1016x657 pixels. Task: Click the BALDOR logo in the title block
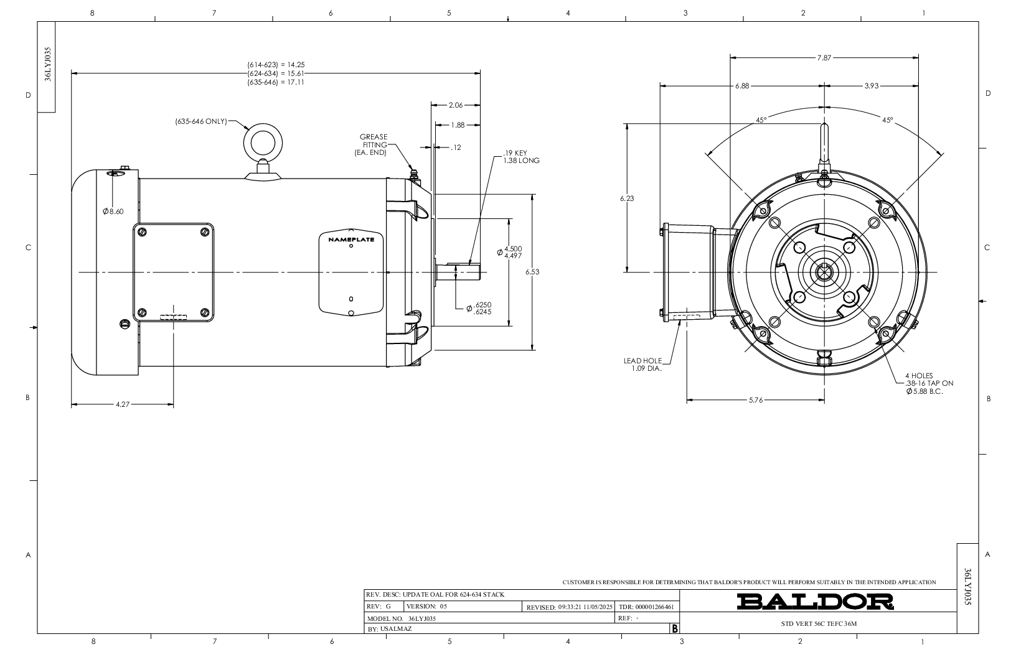point(815,601)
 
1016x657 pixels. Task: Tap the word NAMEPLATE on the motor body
point(351,240)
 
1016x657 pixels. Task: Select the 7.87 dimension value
point(824,58)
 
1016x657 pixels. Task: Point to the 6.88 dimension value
point(742,86)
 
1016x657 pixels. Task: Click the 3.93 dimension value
point(872,86)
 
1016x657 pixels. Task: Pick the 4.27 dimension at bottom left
point(123,404)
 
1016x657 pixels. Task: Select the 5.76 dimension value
point(756,401)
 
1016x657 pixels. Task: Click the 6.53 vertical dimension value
point(532,272)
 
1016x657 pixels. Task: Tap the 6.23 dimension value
point(628,198)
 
